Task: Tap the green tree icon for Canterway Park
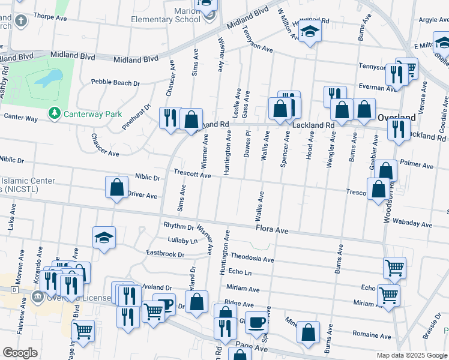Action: pos(55,113)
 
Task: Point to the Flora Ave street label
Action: pos(273,229)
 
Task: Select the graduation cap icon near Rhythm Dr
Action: pos(104,237)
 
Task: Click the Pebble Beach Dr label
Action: pos(115,82)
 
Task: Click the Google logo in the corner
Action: pos(20,353)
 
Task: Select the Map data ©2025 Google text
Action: pos(411,355)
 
